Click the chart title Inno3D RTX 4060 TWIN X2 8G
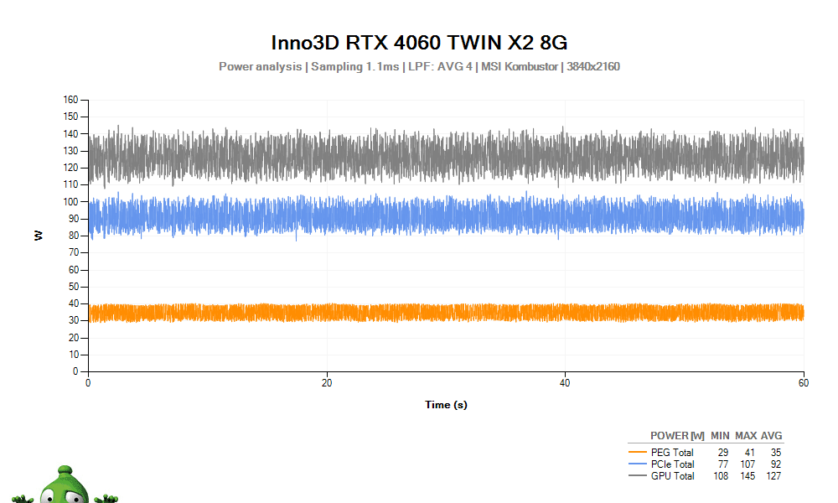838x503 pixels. [x=419, y=43]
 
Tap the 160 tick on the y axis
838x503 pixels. [x=71, y=100]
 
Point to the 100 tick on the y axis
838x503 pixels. [x=71, y=202]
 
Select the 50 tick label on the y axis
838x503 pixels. [x=74, y=287]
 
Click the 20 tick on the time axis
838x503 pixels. [x=327, y=383]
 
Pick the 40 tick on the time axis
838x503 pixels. [x=565, y=383]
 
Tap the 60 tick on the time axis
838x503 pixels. [x=804, y=383]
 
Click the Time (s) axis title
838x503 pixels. [x=446, y=405]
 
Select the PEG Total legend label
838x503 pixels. [x=673, y=453]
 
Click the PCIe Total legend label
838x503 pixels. [x=673, y=464]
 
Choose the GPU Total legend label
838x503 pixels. [x=673, y=476]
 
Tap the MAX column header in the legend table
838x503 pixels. [x=746, y=436]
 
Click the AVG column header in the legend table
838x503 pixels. [x=771, y=436]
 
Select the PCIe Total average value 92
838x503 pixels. [x=775, y=464]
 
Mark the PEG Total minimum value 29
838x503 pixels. [x=722, y=453]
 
